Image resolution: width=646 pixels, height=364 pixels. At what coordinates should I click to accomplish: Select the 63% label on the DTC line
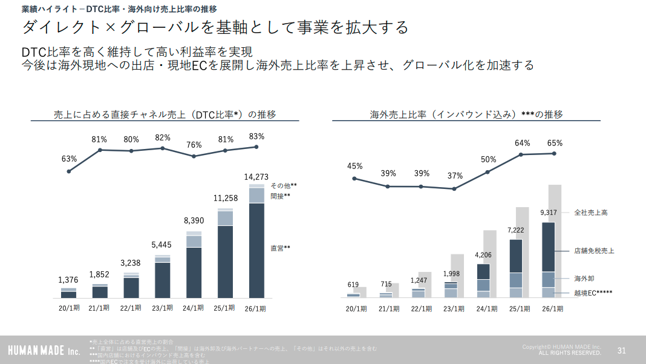click(x=69, y=159)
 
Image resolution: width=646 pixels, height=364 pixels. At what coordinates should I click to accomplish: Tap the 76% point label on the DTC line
click(x=194, y=145)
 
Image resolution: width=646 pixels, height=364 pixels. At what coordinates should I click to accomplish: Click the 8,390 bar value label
click(x=194, y=221)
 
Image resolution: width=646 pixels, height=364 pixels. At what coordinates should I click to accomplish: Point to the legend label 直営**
click(x=280, y=248)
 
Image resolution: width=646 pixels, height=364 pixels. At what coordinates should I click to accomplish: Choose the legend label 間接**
click(x=280, y=196)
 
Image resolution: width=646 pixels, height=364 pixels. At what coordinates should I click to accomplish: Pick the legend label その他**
click(x=284, y=186)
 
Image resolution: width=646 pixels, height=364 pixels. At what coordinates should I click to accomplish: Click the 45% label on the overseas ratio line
click(x=354, y=166)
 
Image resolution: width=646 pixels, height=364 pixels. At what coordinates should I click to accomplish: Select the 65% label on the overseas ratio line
click(x=555, y=144)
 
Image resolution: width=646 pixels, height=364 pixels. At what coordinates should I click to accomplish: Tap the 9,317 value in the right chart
click(x=549, y=213)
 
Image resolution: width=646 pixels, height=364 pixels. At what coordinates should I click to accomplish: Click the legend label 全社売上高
click(x=590, y=213)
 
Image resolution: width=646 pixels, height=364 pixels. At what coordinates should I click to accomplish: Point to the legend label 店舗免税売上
click(x=594, y=251)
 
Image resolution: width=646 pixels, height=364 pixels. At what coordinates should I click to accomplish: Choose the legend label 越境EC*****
click(x=593, y=293)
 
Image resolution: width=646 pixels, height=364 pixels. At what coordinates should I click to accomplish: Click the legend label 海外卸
click(x=584, y=279)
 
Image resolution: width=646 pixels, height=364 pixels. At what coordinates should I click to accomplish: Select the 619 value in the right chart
click(x=353, y=285)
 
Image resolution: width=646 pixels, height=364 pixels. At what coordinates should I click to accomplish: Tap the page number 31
click(x=621, y=350)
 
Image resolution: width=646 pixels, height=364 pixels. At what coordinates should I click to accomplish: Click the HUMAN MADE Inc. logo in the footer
click(x=44, y=351)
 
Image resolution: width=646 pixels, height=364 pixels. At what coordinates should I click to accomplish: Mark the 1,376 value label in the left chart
click(x=68, y=280)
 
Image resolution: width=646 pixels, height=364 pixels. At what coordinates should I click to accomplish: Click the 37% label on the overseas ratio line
click(x=455, y=176)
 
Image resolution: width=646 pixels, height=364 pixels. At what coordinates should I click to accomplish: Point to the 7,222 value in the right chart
click(x=516, y=231)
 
